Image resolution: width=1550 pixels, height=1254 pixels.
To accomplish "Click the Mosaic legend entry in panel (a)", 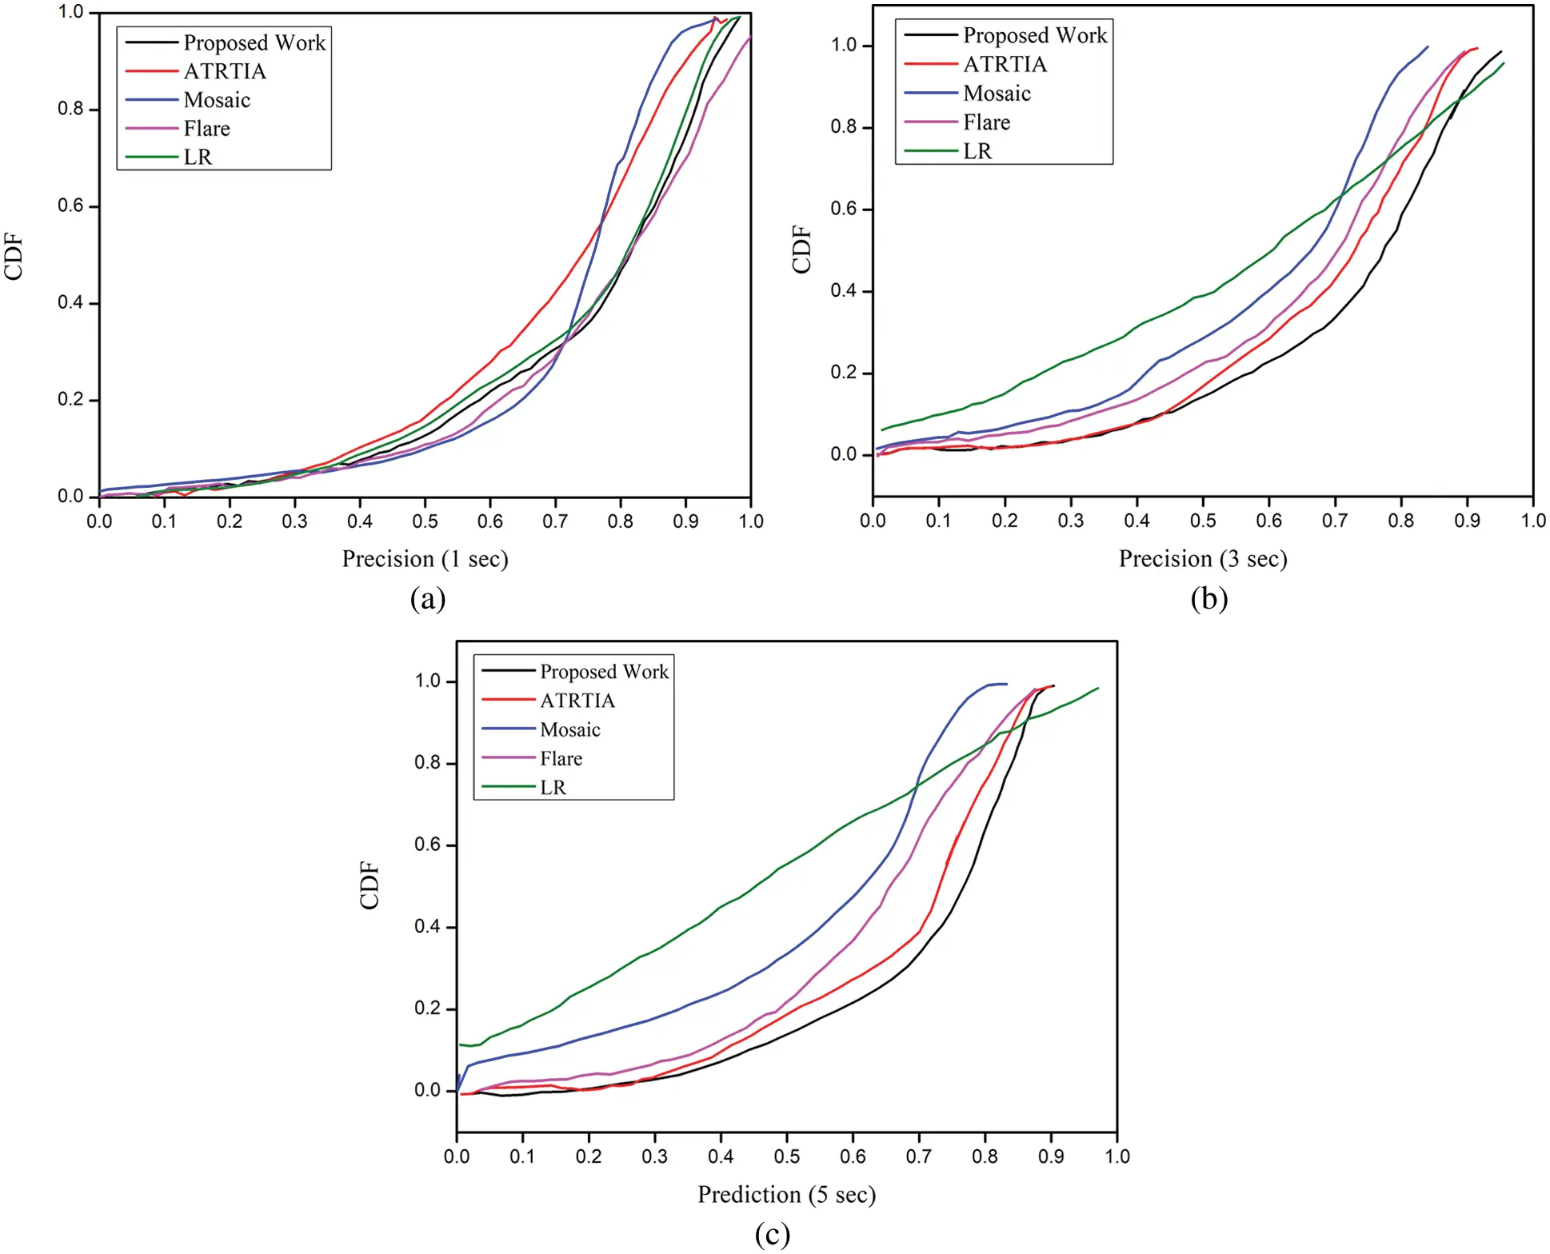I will click(216, 100).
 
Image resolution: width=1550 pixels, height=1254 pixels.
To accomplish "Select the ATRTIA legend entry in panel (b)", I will click(1004, 64).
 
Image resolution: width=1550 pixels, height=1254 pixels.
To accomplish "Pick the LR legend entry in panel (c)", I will click(553, 787).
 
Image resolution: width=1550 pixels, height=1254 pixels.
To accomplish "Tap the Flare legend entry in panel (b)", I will click(986, 122).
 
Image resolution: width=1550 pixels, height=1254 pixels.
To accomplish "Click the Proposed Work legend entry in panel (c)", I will click(603, 671).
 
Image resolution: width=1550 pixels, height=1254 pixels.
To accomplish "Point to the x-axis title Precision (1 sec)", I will click(425, 558).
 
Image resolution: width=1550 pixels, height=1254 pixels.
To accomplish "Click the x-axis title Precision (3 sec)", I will click(1202, 558).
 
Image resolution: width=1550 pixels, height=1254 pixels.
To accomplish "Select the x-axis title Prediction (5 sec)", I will click(786, 1194).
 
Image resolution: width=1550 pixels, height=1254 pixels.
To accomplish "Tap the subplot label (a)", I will click(427, 598).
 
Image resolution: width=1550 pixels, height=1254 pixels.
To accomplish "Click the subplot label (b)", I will click(1208, 598).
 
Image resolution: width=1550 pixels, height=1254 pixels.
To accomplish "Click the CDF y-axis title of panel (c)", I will click(370, 885).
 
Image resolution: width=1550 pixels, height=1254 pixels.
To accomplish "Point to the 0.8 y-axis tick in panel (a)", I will click(70, 109).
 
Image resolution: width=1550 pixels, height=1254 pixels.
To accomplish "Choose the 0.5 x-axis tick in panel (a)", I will click(425, 521).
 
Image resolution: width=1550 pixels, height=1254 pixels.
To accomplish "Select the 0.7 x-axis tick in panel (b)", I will click(1335, 521).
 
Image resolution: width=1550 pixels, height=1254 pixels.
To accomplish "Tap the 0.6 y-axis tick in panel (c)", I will click(428, 845).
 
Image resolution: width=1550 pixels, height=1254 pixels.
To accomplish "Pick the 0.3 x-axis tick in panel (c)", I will click(654, 1156).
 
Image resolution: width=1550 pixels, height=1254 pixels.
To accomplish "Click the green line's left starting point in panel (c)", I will click(460, 1044).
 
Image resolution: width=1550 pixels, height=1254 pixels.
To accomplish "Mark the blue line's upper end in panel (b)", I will click(1428, 46).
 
